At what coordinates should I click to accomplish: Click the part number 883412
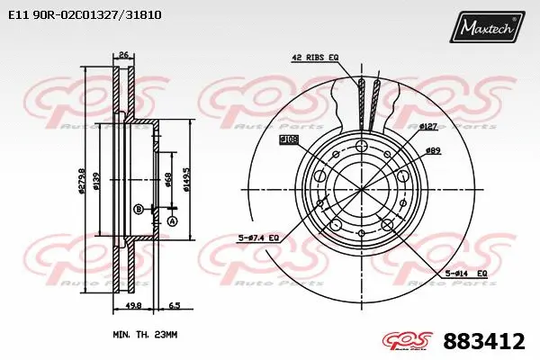[483, 341]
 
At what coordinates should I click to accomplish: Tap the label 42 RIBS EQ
[314, 58]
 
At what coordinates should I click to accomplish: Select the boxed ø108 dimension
[289, 139]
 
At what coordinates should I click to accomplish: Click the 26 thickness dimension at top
[124, 56]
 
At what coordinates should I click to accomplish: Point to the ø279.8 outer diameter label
[82, 186]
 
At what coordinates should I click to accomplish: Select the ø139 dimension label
[96, 186]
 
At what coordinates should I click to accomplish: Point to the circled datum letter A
[172, 221]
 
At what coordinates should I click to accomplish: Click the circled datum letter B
[138, 209]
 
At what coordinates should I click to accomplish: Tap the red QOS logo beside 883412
[409, 341]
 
